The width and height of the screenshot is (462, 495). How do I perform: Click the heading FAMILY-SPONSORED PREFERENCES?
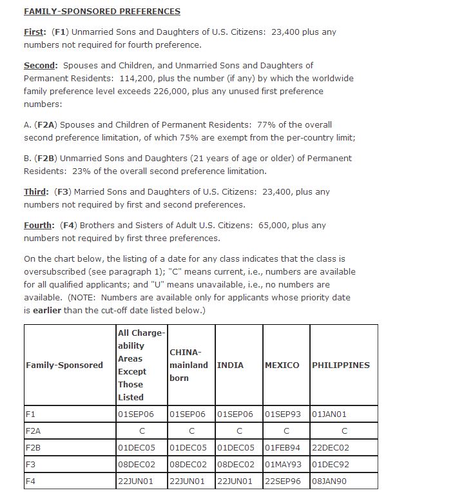(x=102, y=12)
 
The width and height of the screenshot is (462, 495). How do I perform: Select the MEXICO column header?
(x=282, y=365)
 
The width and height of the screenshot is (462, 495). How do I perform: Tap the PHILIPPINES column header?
(x=341, y=365)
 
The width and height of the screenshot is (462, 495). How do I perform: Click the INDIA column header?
(x=230, y=365)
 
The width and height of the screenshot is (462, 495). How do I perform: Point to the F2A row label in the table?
(x=33, y=431)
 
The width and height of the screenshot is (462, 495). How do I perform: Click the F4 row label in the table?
(x=30, y=481)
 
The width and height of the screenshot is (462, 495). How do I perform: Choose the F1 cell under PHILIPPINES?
(x=329, y=414)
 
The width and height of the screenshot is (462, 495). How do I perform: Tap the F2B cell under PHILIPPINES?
(x=331, y=447)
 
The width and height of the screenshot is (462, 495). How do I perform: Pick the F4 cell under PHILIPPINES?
(x=329, y=481)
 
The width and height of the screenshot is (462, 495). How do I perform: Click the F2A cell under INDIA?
(x=239, y=431)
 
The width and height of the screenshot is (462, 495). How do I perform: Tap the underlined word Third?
(x=35, y=192)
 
